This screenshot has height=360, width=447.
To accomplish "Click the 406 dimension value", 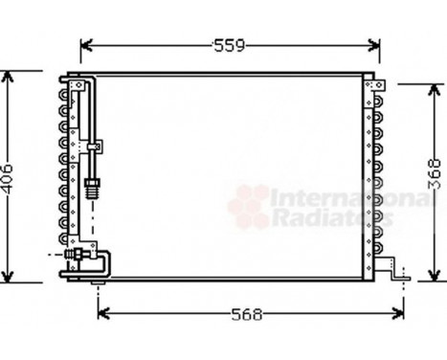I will pyautogui.click(x=9, y=178).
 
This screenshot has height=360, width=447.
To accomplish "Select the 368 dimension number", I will pyautogui.click(x=435, y=178).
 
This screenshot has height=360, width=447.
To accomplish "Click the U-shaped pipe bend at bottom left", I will pyautogui.click(x=104, y=263).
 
